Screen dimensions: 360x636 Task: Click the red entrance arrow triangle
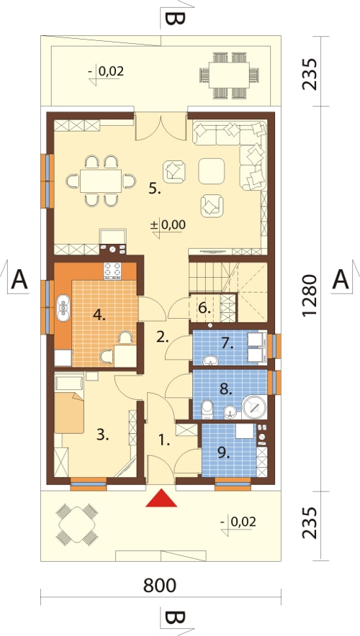coord(161,499)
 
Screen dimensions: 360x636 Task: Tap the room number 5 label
coord(154,188)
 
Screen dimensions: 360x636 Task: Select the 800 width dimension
coord(160,586)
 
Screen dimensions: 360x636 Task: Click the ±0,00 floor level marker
coord(168,224)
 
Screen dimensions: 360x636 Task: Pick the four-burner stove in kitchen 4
coord(114,271)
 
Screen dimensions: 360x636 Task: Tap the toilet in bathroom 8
coord(207,409)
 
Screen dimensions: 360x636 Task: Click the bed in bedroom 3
coord(69,412)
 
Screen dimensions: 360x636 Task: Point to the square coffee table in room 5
coord(212,171)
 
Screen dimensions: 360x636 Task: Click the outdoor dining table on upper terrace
coord(229,76)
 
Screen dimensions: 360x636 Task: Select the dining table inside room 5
coord(101,181)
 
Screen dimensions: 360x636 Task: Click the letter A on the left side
coord(19,281)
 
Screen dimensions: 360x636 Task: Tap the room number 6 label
coord(205,309)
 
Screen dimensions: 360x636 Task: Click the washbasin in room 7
coord(210,359)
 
